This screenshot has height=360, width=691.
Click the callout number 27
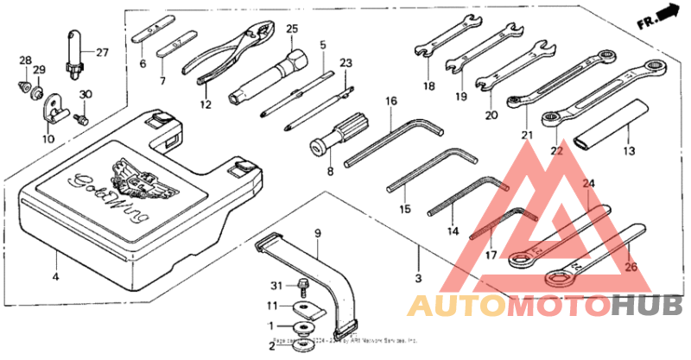pos(103,53)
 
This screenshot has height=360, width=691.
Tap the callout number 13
pos(629,150)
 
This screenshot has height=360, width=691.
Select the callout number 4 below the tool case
pos(55,277)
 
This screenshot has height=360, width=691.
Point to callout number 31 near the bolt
pos(276,286)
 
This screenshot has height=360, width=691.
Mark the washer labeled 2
pos(303,345)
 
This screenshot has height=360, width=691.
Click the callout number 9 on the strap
pos(317,233)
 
